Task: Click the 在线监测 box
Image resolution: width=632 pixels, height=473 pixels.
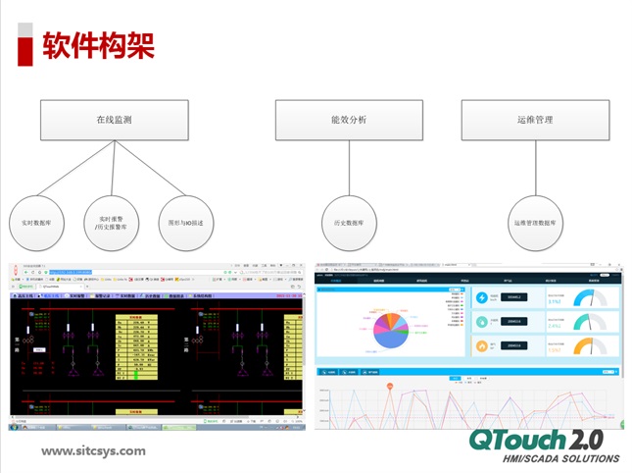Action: pyautogui.click(x=114, y=120)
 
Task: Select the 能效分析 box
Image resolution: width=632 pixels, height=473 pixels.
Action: pyautogui.click(x=348, y=120)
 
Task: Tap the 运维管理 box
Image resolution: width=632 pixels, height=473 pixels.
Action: pyautogui.click(x=535, y=120)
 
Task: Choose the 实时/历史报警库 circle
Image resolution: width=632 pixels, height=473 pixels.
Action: pyautogui.click(x=111, y=223)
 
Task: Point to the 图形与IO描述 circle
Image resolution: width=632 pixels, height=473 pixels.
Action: pyautogui.click(x=185, y=223)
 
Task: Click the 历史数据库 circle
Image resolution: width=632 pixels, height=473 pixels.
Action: pyautogui.click(x=348, y=223)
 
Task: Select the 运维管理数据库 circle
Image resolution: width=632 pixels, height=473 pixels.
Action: pyautogui.click(x=535, y=223)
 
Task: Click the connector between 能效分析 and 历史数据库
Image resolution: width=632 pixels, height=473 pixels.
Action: pyautogui.click(x=348, y=168)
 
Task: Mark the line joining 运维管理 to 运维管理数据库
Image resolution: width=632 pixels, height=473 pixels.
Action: pyautogui.click(x=535, y=168)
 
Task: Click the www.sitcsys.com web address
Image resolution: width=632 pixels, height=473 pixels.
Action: pyautogui.click(x=93, y=451)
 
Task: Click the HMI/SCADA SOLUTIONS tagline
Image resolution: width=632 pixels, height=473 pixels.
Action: pyautogui.click(x=559, y=459)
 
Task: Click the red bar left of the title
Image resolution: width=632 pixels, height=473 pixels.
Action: pyautogui.click(x=27, y=43)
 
